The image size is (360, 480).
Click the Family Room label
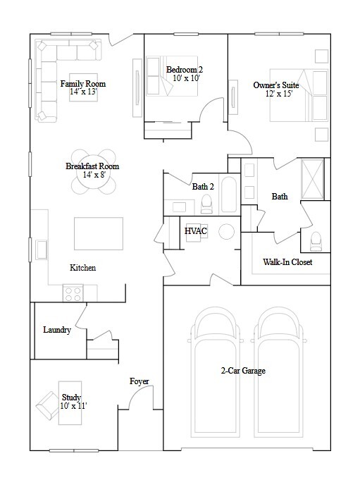(x=83, y=84)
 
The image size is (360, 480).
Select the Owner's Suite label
(x=276, y=85)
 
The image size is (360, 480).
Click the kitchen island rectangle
(x=98, y=230)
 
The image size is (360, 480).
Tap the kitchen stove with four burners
(x=73, y=293)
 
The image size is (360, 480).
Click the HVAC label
(x=194, y=231)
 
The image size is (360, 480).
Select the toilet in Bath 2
(x=206, y=204)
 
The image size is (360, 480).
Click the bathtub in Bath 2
(x=229, y=195)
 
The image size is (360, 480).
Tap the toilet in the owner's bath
(x=315, y=241)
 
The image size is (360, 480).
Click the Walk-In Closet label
(x=287, y=262)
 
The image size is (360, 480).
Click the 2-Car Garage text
(x=242, y=371)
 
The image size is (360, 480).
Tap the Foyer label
(x=139, y=381)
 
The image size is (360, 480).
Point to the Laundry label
(x=56, y=330)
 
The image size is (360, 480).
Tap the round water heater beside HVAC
(x=227, y=231)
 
